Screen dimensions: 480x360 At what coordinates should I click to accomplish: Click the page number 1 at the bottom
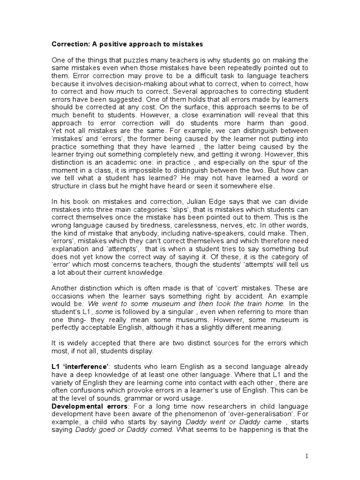tap(307, 456)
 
